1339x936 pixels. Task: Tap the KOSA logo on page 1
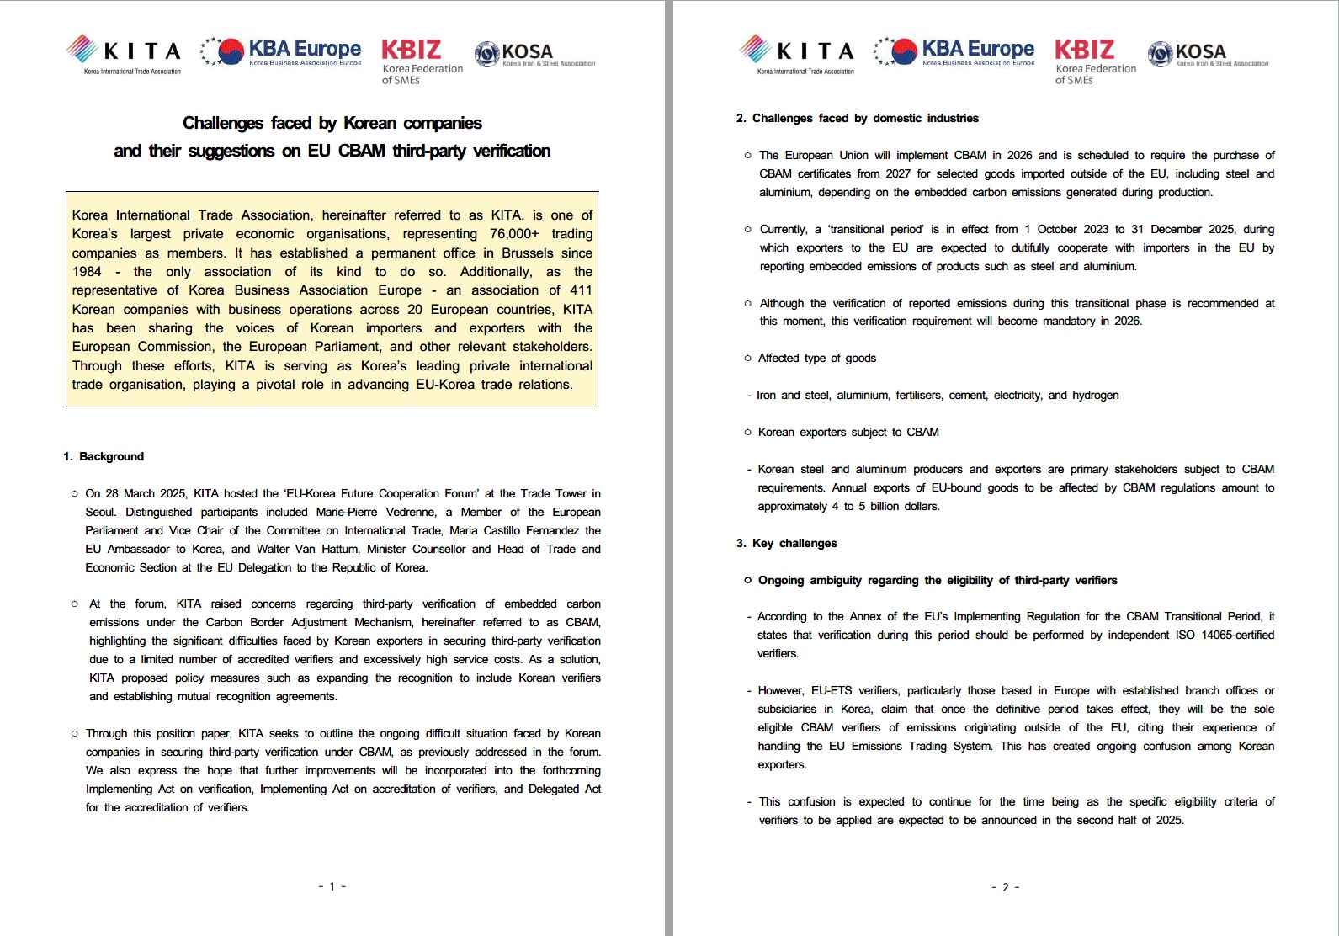click(534, 54)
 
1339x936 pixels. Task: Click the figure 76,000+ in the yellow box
click(514, 234)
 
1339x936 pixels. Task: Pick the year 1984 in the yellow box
click(87, 272)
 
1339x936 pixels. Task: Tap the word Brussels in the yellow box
click(527, 253)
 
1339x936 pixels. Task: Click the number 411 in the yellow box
click(581, 290)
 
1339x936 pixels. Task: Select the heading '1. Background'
click(104, 457)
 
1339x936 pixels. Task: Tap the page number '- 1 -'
click(332, 886)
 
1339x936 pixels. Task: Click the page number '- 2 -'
click(1005, 887)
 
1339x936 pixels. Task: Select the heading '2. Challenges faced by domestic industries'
click(857, 119)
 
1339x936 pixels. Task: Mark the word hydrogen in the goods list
click(1095, 396)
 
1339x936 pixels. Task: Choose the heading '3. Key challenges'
click(786, 544)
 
